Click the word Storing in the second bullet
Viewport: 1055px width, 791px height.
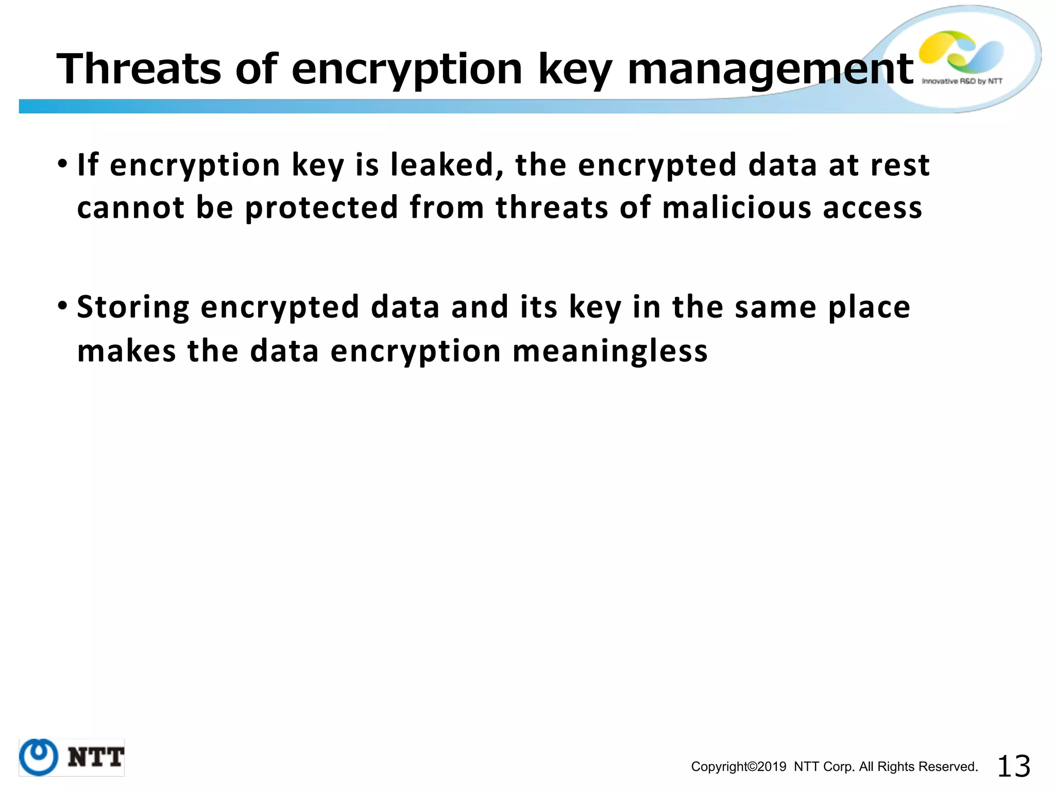133,307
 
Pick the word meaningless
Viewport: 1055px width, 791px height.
610,351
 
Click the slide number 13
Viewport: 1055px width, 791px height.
1013,766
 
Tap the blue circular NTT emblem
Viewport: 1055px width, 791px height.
39,757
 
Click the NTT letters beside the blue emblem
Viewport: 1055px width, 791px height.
96,758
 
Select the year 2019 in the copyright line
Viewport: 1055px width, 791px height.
771,767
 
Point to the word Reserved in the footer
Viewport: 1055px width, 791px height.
952,767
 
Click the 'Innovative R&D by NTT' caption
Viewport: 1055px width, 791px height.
961,81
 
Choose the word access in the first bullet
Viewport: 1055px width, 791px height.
872,208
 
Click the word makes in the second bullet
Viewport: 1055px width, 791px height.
126,351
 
